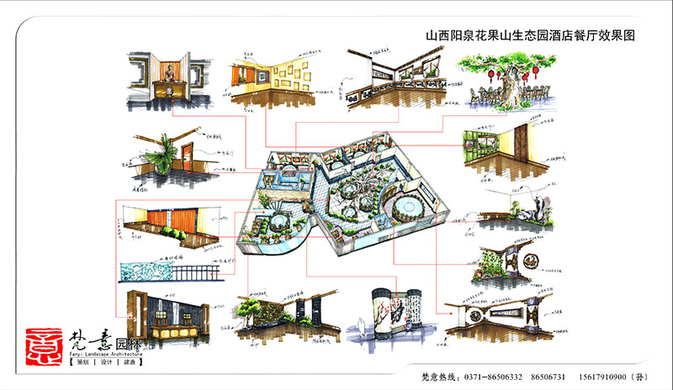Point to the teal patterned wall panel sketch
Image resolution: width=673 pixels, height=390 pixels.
[x=148, y=272]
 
